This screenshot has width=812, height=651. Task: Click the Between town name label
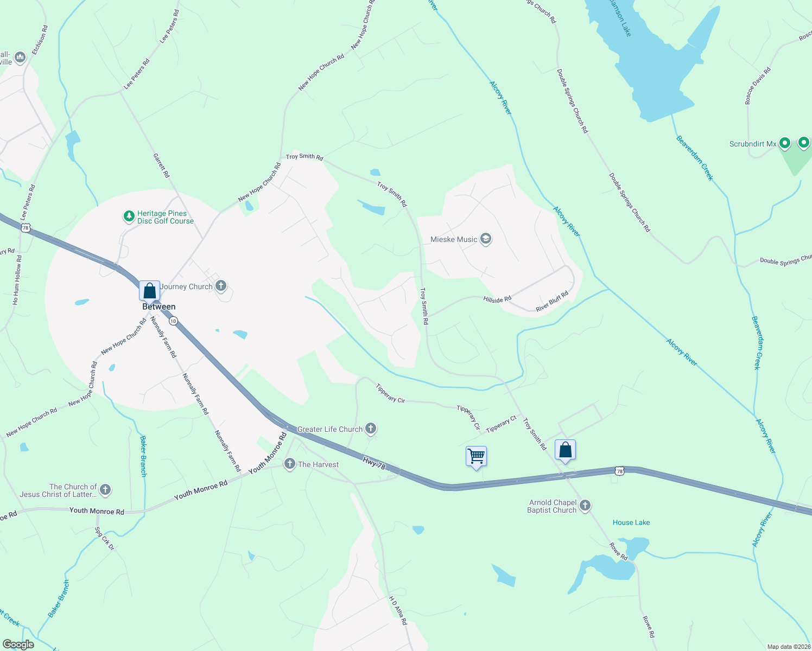click(x=158, y=307)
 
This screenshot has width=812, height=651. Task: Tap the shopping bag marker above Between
click(x=149, y=290)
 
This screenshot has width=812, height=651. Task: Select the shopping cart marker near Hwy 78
click(x=476, y=456)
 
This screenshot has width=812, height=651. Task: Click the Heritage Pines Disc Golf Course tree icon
click(x=129, y=217)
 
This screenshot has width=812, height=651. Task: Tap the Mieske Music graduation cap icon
click(x=486, y=239)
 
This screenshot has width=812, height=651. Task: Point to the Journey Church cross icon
click(x=221, y=286)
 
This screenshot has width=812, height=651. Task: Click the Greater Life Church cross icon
click(x=371, y=429)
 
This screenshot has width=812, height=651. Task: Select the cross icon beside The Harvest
click(x=290, y=464)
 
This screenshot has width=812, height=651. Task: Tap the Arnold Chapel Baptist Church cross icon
click(x=585, y=506)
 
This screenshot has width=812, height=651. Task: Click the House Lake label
click(x=631, y=522)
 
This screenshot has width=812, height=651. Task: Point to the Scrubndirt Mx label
click(x=752, y=144)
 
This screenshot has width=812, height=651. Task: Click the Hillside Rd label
click(x=497, y=299)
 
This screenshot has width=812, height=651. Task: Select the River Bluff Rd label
click(x=551, y=301)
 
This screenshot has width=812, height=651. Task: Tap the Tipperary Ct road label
click(x=501, y=424)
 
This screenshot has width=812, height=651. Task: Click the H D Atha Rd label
click(x=397, y=610)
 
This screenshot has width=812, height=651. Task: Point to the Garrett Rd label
click(x=161, y=165)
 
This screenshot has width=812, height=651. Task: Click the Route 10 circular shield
click(x=173, y=321)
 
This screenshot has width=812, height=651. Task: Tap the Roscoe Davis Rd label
click(x=758, y=86)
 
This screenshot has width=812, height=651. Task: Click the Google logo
click(x=18, y=644)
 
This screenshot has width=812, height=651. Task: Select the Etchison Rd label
click(x=40, y=40)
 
